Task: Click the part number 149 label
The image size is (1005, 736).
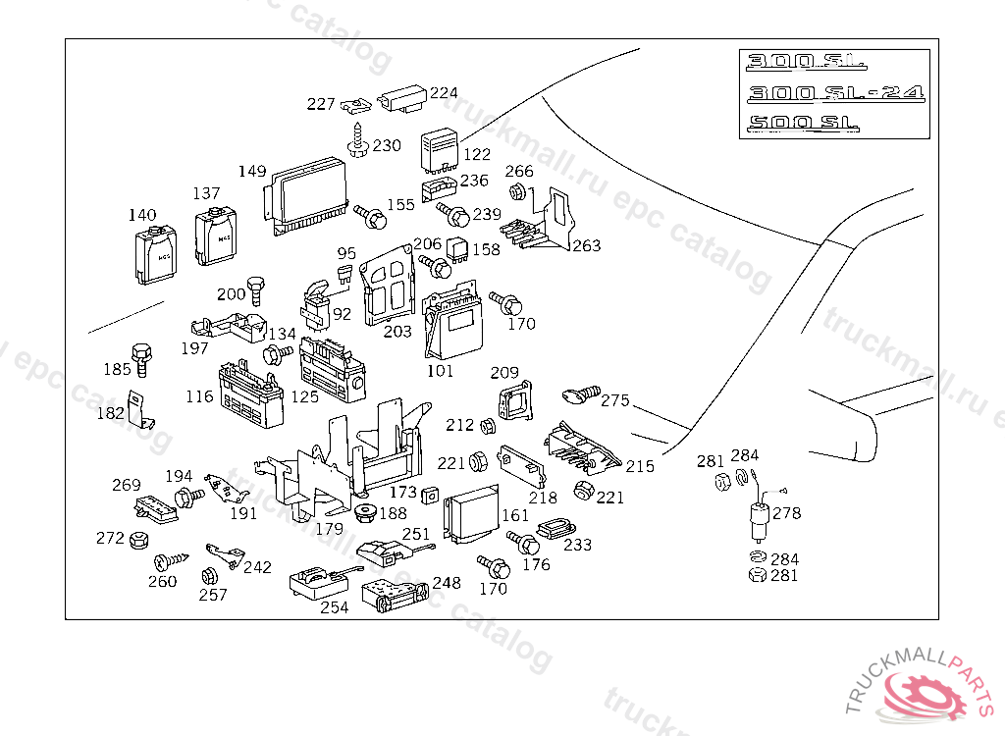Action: [252, 172]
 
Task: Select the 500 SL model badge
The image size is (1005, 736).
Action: [803, 124]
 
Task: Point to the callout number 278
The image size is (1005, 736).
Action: [787, 513]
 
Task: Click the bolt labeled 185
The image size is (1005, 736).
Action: [141, 357]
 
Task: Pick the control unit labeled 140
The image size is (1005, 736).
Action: [154, 255]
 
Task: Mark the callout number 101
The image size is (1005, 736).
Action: [441, 372]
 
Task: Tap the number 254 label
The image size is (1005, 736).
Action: [334, 608]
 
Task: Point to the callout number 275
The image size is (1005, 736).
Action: [615, 400]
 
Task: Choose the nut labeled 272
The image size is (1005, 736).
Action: [139, 539]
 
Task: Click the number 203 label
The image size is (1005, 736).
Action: [397, 332]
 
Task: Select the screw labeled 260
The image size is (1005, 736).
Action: [166, 562]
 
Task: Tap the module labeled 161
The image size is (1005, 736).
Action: [472, 516]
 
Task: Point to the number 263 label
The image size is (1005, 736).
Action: [586, 246]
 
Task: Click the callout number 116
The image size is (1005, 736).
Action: [199, 397]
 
